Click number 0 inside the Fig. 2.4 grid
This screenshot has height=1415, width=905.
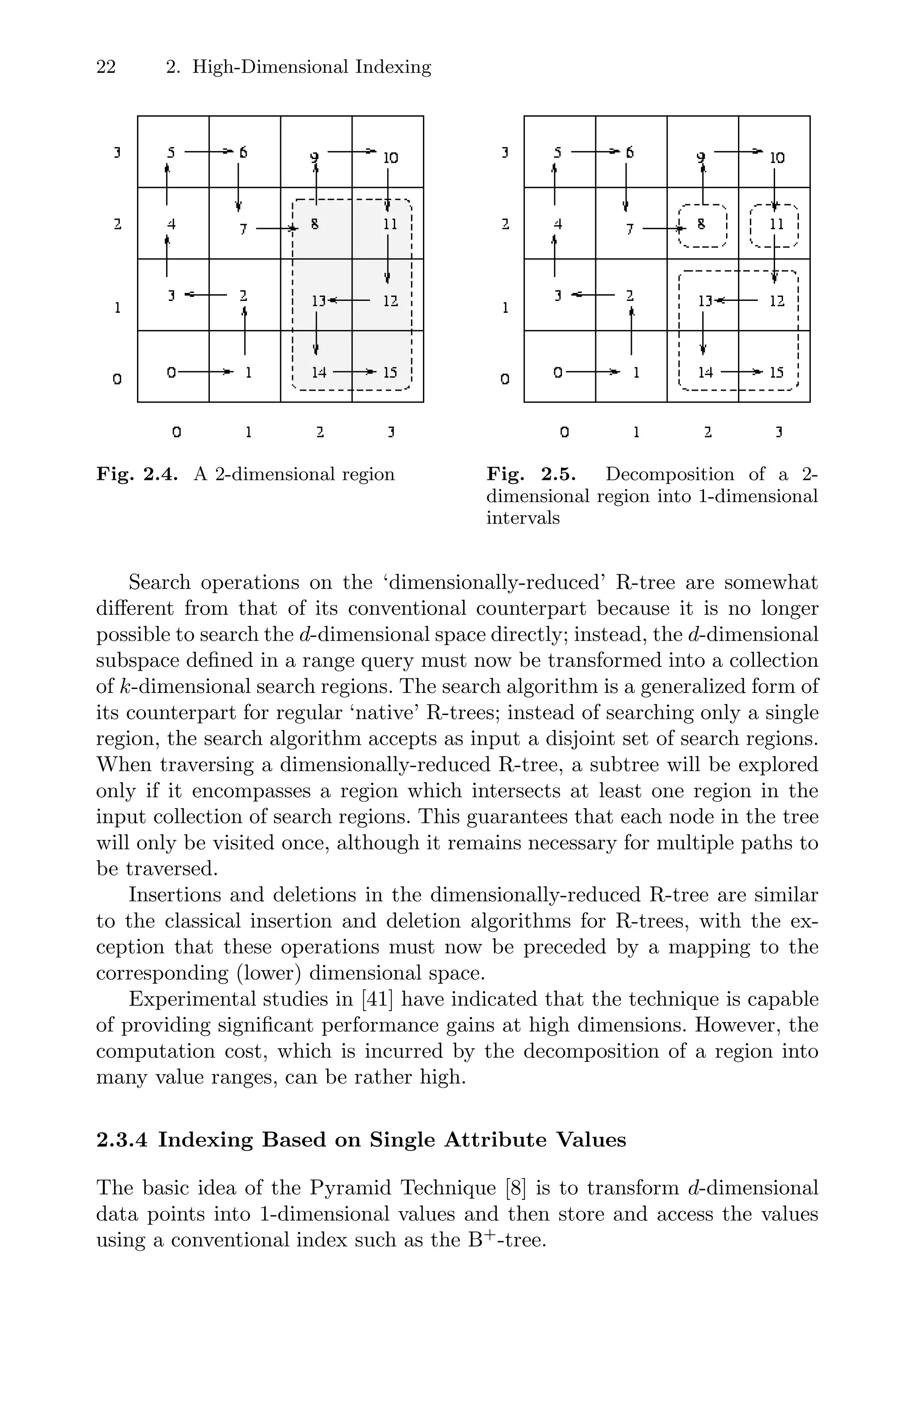pos(171,372)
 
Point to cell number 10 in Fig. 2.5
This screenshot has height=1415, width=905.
pos(777,157)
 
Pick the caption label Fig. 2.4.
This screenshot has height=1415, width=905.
pos(137,474)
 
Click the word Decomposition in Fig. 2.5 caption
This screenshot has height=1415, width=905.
pos(669,474)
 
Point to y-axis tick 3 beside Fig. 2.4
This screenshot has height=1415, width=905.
pos(117,153)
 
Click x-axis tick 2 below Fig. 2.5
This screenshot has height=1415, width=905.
pos(707,433)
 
